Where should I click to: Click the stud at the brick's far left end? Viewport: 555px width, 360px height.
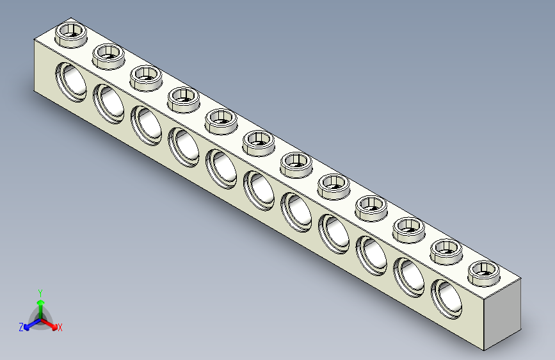(x=71, y=33)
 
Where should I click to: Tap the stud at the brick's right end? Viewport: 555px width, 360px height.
(x=485, y=272)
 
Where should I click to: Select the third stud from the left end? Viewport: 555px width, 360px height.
(x=147, y=78)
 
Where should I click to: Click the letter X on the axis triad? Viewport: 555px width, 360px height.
(x=60, y=328)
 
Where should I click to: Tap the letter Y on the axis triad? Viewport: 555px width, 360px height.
(x=40, y=292)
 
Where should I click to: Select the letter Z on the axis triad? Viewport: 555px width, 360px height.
(x=21, y=327)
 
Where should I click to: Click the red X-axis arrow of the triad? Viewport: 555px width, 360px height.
(x=51, y=322)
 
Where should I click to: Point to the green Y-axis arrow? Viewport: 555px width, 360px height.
(x=40, y=302)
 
